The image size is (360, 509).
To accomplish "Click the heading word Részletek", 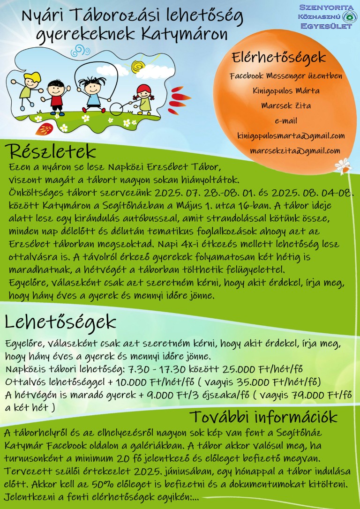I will (51, 152).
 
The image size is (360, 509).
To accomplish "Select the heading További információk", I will (263, 417).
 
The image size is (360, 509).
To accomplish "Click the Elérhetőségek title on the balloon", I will (278, 58).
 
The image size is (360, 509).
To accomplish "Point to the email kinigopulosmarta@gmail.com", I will (291, 136).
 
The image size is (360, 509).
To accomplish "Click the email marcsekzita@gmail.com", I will (295, 150).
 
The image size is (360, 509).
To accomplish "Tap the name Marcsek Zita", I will (286, 105).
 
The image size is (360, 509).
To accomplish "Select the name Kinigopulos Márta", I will (286, 90).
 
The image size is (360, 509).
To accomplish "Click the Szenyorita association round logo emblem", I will (347, 17).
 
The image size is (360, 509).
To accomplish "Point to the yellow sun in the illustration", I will (137, 65).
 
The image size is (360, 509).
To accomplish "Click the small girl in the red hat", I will (144, 98).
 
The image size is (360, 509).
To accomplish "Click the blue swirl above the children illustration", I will (80, 51).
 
